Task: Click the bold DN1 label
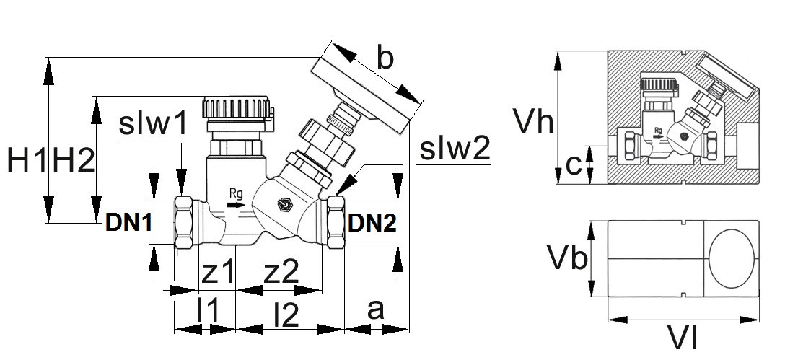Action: pos(129,223)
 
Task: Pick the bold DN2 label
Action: pos(372,224)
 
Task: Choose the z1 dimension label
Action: pos(218,272)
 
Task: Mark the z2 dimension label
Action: pos(281,272)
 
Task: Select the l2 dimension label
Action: pos(286,313)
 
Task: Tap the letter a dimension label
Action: pos(375,310)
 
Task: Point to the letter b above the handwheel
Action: pos(385,57)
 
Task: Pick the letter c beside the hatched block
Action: pos(574,165)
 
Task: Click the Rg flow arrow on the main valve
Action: pos(235,205)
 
